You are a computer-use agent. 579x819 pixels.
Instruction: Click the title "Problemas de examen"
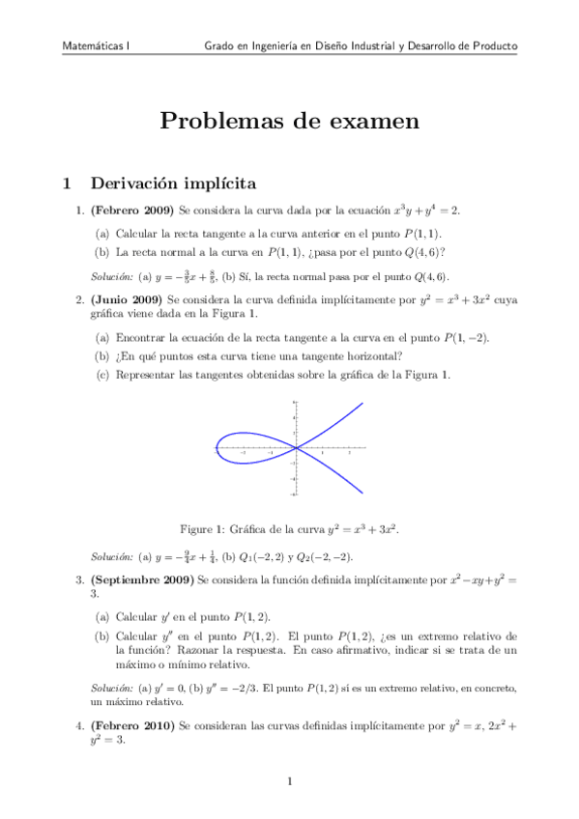tap(289, 121)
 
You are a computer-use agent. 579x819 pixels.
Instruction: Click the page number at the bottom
tap(289, 780)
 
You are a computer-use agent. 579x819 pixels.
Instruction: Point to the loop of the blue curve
tap(242, 447)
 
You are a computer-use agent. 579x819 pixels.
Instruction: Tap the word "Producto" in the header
tap(490, 45)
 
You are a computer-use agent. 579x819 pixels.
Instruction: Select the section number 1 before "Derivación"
tap(66, 183)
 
